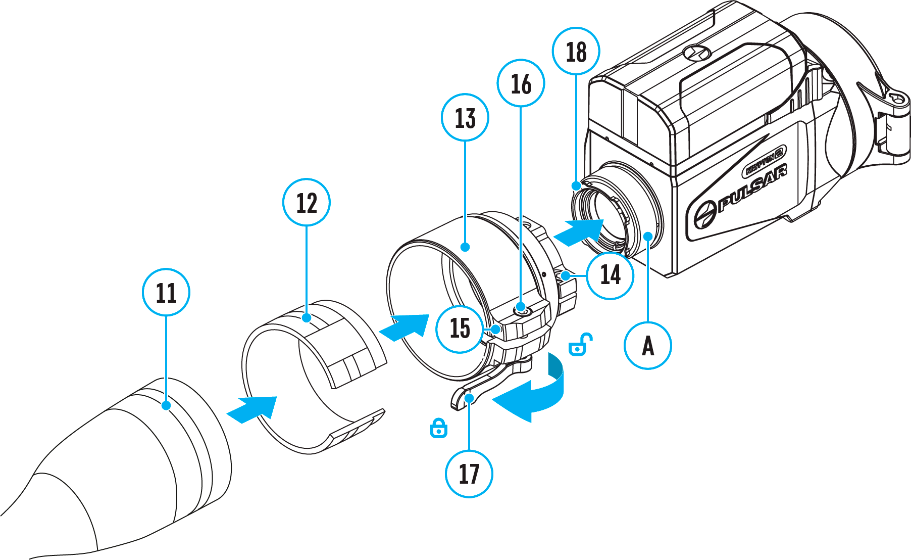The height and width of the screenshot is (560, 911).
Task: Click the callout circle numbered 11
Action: pos(166,292)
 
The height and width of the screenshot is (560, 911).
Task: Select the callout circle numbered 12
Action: pos(306,202)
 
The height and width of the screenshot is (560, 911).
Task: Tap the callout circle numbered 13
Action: pos(465,117)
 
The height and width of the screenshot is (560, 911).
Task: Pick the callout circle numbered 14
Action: pos(610,275)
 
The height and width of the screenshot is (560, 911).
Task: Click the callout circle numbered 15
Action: pos(460,328)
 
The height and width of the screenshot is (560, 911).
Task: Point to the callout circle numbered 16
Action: pos(521,83)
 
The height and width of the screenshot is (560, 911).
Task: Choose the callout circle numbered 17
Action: pos(469,474)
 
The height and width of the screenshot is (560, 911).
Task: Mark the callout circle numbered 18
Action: pos(576,52)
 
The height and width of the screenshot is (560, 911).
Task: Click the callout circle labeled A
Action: pos(648,346)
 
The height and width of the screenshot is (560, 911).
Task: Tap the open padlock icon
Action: pos(579,345)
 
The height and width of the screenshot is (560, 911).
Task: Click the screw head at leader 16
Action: pos(521,308)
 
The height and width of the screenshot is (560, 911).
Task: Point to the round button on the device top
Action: pos(697,52)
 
